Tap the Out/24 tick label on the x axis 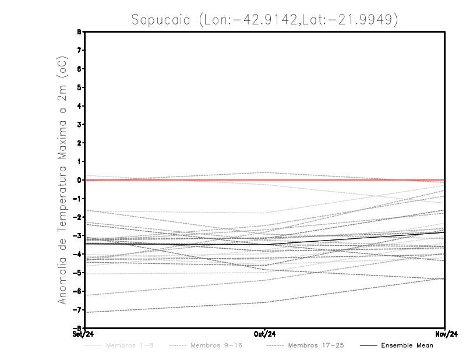tap(265, 334)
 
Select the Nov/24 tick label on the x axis tap(444, 334)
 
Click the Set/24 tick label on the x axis tap(82, 334)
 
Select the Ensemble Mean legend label tap(407, 345)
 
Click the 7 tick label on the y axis tap(79, 51)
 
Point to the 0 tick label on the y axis tap(79, 180)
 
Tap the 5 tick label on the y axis tap(79, 87)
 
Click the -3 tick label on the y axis tap(77, 235)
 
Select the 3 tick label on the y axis tap(79, 125)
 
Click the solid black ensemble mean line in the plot tap(175, 243)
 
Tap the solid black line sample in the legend tap(368, 345)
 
